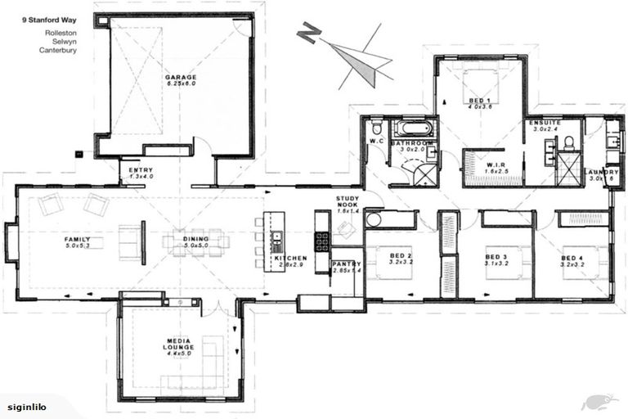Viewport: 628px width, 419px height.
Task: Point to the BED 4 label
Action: click(572, 259)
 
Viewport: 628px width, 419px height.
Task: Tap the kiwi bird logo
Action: click(594, 401)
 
